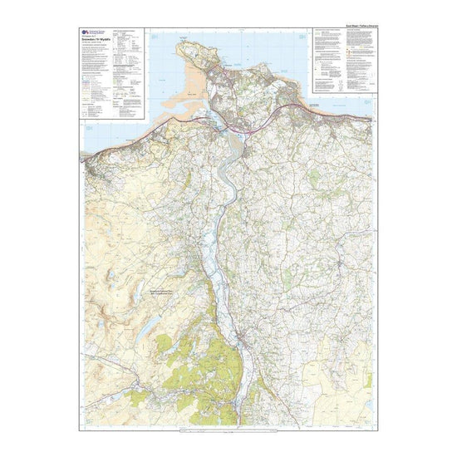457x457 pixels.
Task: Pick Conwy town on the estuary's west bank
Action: coord(219,126)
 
